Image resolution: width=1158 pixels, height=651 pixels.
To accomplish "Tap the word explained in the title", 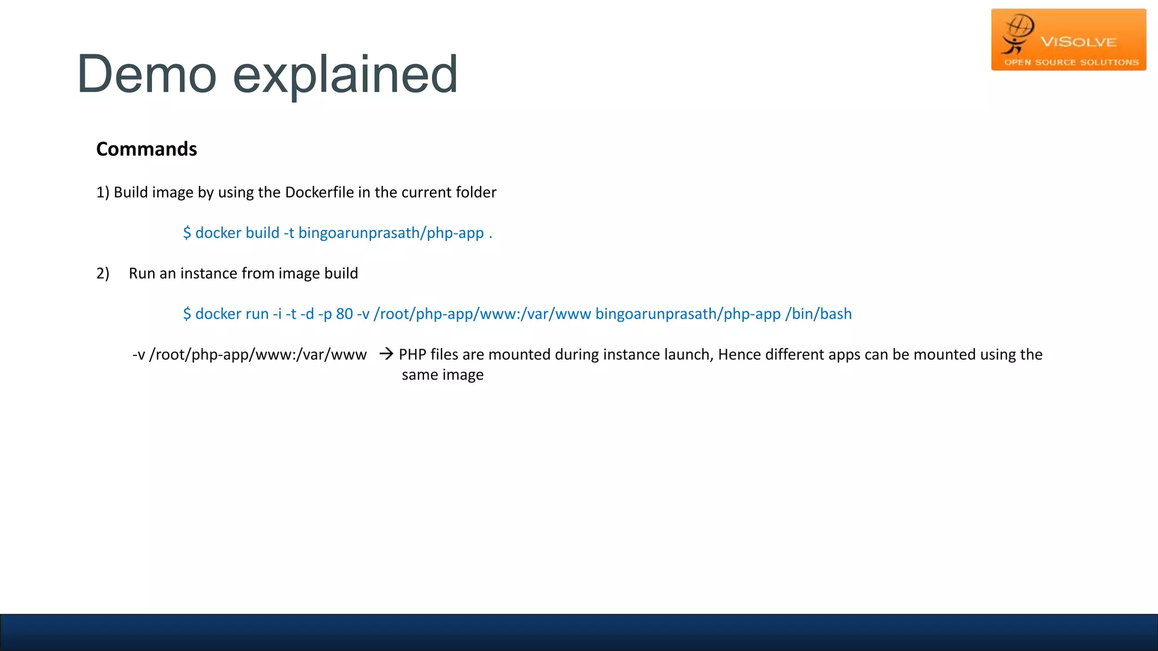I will tap(345, 75).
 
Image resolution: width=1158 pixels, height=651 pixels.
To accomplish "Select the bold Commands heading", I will tap(146, 149).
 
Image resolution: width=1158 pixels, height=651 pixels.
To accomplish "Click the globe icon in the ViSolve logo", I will tap(1019, 27).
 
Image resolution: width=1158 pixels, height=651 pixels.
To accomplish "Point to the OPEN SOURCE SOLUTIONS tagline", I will tap(1071, 62).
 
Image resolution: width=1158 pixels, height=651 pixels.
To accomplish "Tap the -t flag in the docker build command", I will tap(288, 233).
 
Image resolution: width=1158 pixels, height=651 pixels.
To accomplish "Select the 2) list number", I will tap(102, 274).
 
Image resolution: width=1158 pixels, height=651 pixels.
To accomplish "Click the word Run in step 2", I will tap(142, 274).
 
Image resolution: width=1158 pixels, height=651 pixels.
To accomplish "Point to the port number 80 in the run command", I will tap(344, 314).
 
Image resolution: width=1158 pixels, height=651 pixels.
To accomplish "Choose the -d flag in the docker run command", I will tap(307, 314).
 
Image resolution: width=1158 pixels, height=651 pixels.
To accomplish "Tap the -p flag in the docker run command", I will tap(325, 314).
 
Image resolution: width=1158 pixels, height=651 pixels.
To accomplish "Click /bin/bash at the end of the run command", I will tap(818, 314).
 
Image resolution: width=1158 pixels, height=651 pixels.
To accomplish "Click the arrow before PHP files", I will tap(386, 354).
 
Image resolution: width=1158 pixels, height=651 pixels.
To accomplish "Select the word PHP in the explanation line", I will tap(412, 355).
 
